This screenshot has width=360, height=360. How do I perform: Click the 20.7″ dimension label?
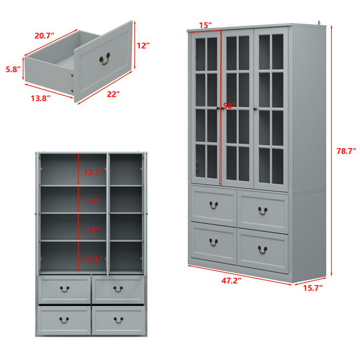pos(44,35)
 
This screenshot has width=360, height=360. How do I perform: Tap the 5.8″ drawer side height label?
pos(13,69)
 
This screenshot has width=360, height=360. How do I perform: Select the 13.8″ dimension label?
pos(40,98)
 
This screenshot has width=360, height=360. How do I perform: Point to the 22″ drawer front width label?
pos(113,94)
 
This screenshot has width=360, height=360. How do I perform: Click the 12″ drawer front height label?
pos(143,46)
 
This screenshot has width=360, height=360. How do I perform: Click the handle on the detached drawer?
pos(104,59)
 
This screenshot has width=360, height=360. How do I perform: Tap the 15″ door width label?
pos(205,25)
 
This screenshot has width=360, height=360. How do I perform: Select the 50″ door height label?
pos(229,106)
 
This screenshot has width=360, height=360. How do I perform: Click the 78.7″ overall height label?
pos(346,151)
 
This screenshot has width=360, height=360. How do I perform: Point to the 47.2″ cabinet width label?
pos(231,280)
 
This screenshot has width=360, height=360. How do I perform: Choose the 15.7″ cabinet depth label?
pos(313,288)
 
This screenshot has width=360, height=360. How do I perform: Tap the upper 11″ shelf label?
pos(93,202)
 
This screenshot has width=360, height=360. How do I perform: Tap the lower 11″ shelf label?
pos(93,230)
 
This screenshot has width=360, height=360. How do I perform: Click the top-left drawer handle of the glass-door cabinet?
pos(214,205)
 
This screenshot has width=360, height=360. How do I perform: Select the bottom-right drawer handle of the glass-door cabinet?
pos(262,250)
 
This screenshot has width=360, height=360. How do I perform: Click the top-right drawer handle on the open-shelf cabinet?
pos(118,289)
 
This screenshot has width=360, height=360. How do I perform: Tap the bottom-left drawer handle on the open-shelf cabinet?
pos(64,320)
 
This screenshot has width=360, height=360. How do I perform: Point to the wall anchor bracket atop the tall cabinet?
pos(319,23)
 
